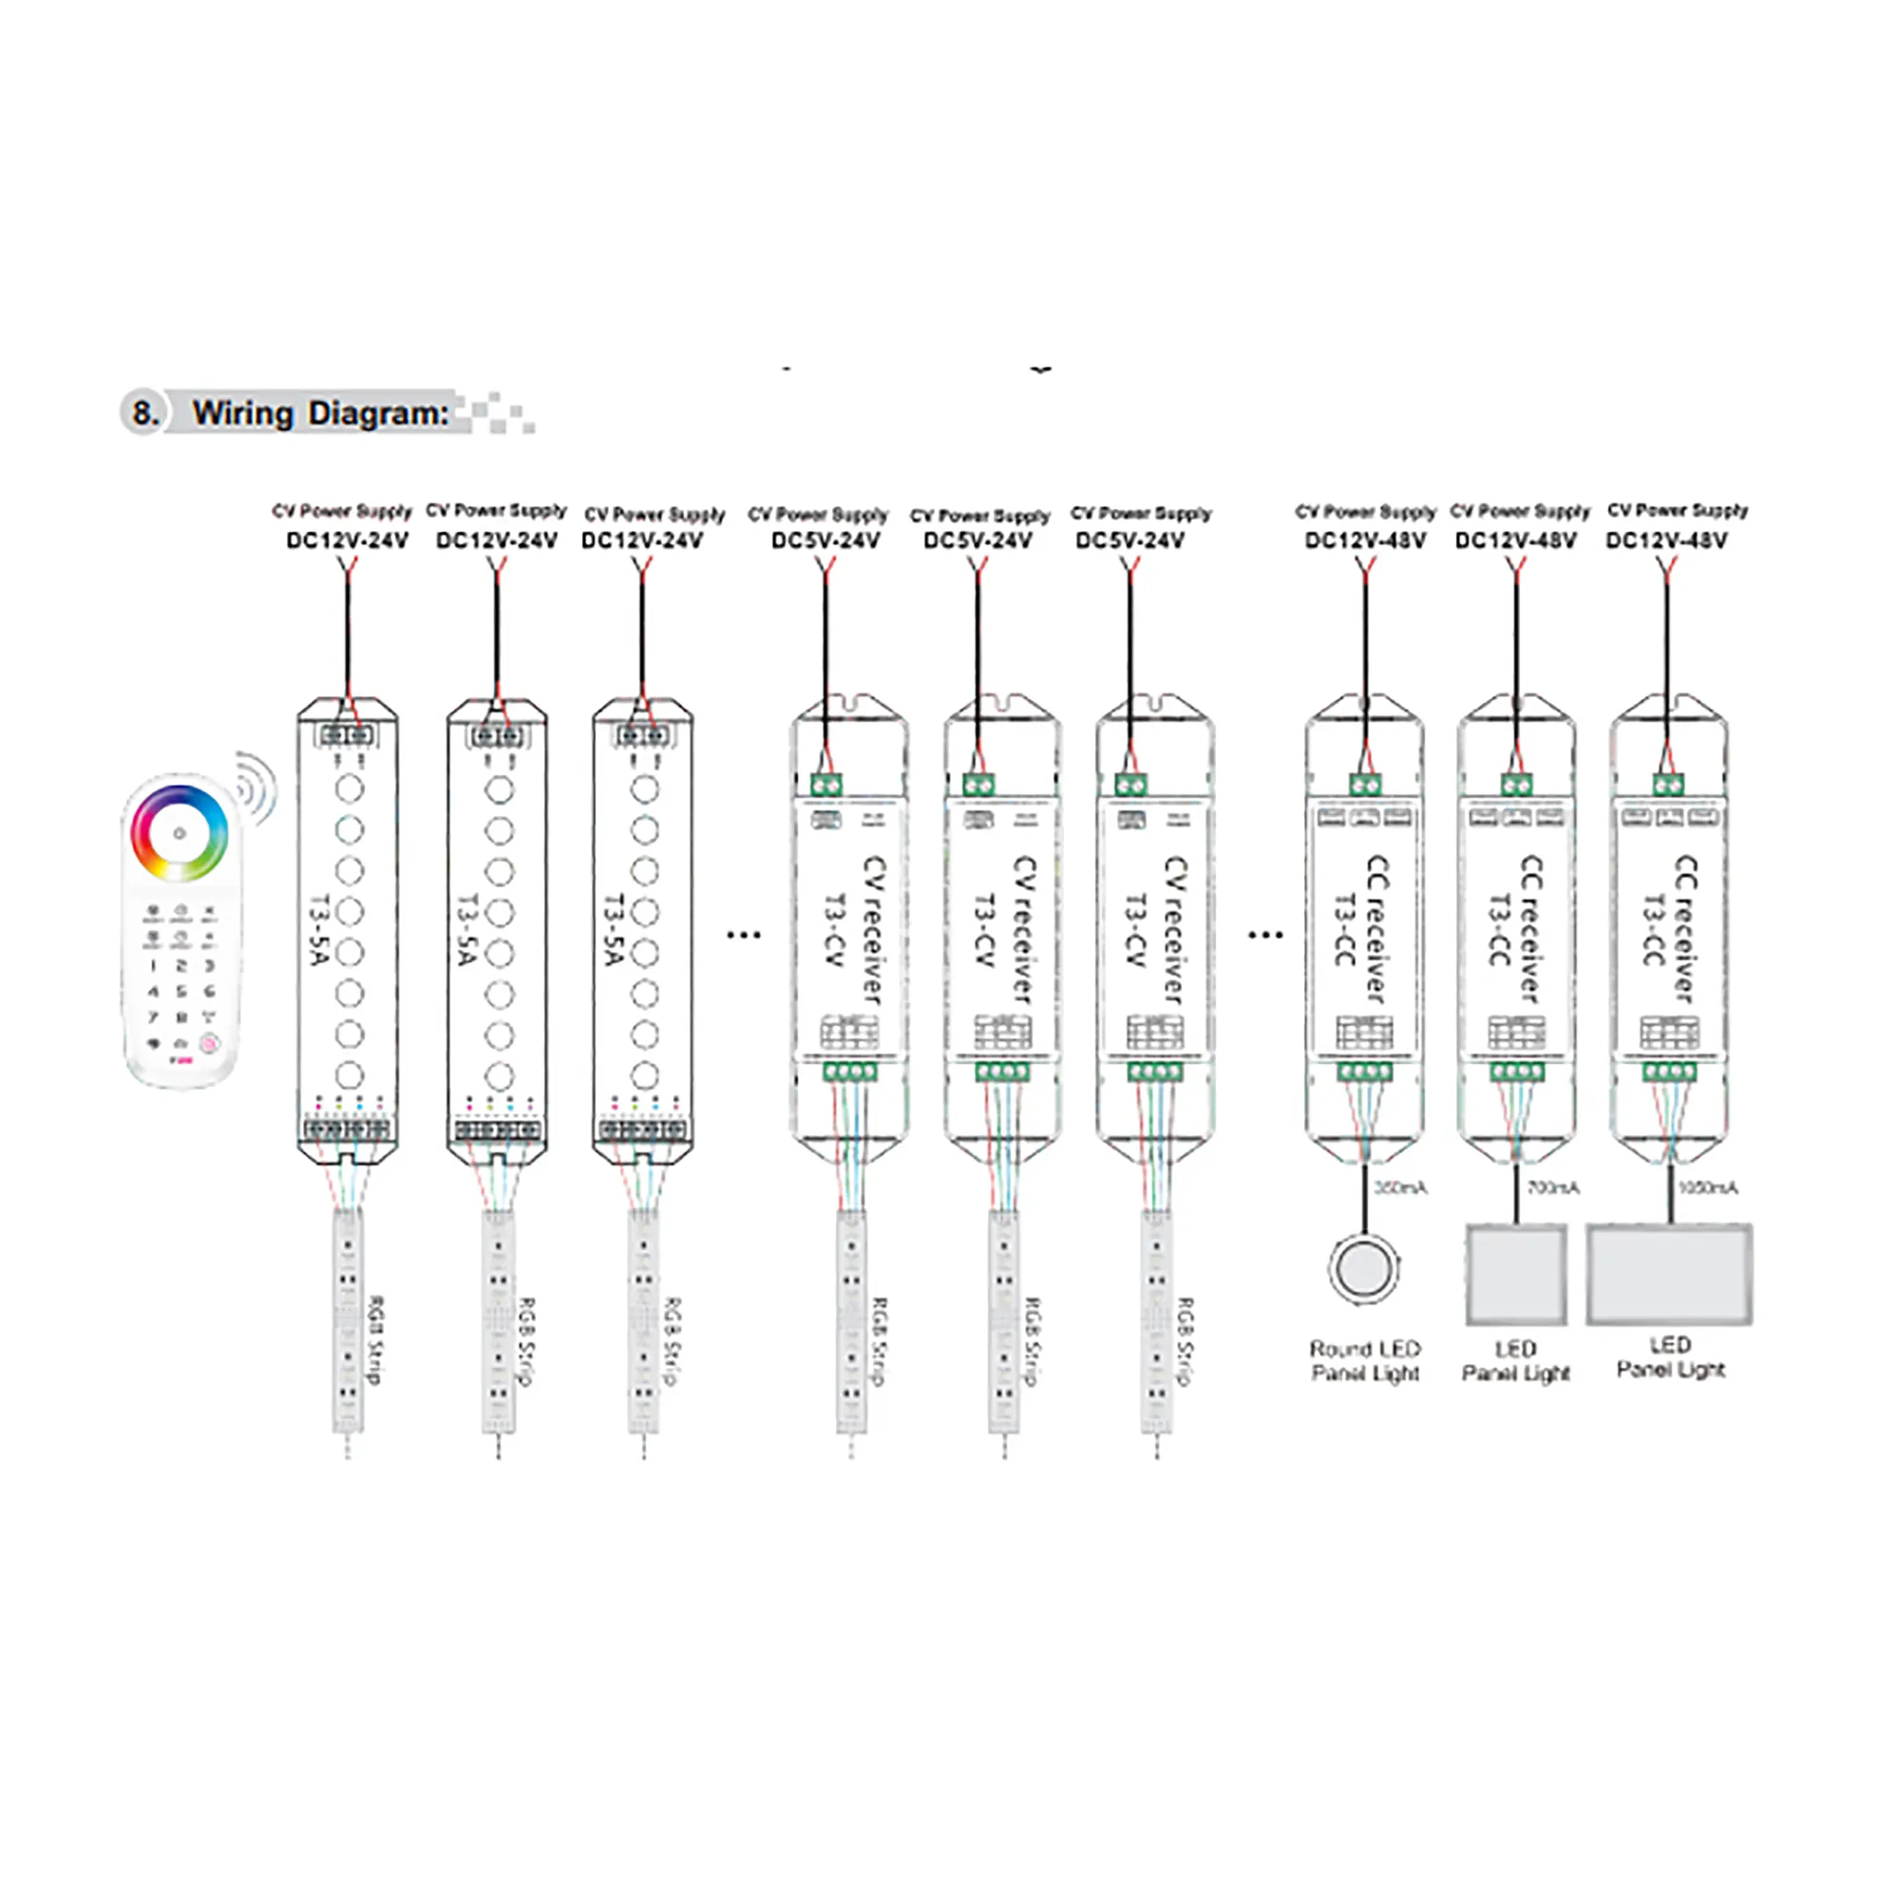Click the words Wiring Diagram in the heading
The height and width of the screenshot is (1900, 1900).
click(320, 413)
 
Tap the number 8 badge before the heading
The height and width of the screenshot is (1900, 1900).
click(144, 413)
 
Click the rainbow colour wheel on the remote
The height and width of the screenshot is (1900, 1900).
click(179, 833)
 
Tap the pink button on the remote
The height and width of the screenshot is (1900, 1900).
click(208, 1043)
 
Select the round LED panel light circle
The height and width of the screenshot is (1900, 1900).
click(1364, 1267)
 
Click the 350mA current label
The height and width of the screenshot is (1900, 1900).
click(1399, 1188)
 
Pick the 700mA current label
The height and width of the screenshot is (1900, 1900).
click(1553, 1188)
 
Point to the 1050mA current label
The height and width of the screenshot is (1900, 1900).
click(1707, 1188)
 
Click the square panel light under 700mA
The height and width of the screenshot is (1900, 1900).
click(1515, 1275)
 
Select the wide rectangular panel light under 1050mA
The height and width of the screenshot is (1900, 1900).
click(1669, 1274)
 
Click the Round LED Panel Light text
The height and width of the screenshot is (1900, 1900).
click(1365, 1361)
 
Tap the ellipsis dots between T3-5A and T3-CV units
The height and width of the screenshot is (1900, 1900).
click(744, 934)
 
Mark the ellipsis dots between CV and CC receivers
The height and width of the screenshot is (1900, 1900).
click(1264, 934)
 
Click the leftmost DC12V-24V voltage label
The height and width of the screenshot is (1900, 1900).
click(347, 541)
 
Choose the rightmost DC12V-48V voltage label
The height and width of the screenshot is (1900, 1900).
click(1666, 541)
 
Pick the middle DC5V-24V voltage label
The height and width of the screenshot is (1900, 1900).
click(978, 541)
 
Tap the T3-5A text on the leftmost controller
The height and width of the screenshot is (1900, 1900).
click(318, 929)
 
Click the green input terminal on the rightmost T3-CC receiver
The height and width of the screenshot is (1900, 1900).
click(1668, 785)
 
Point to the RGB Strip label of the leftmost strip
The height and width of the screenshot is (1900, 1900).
click(375, 1339)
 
